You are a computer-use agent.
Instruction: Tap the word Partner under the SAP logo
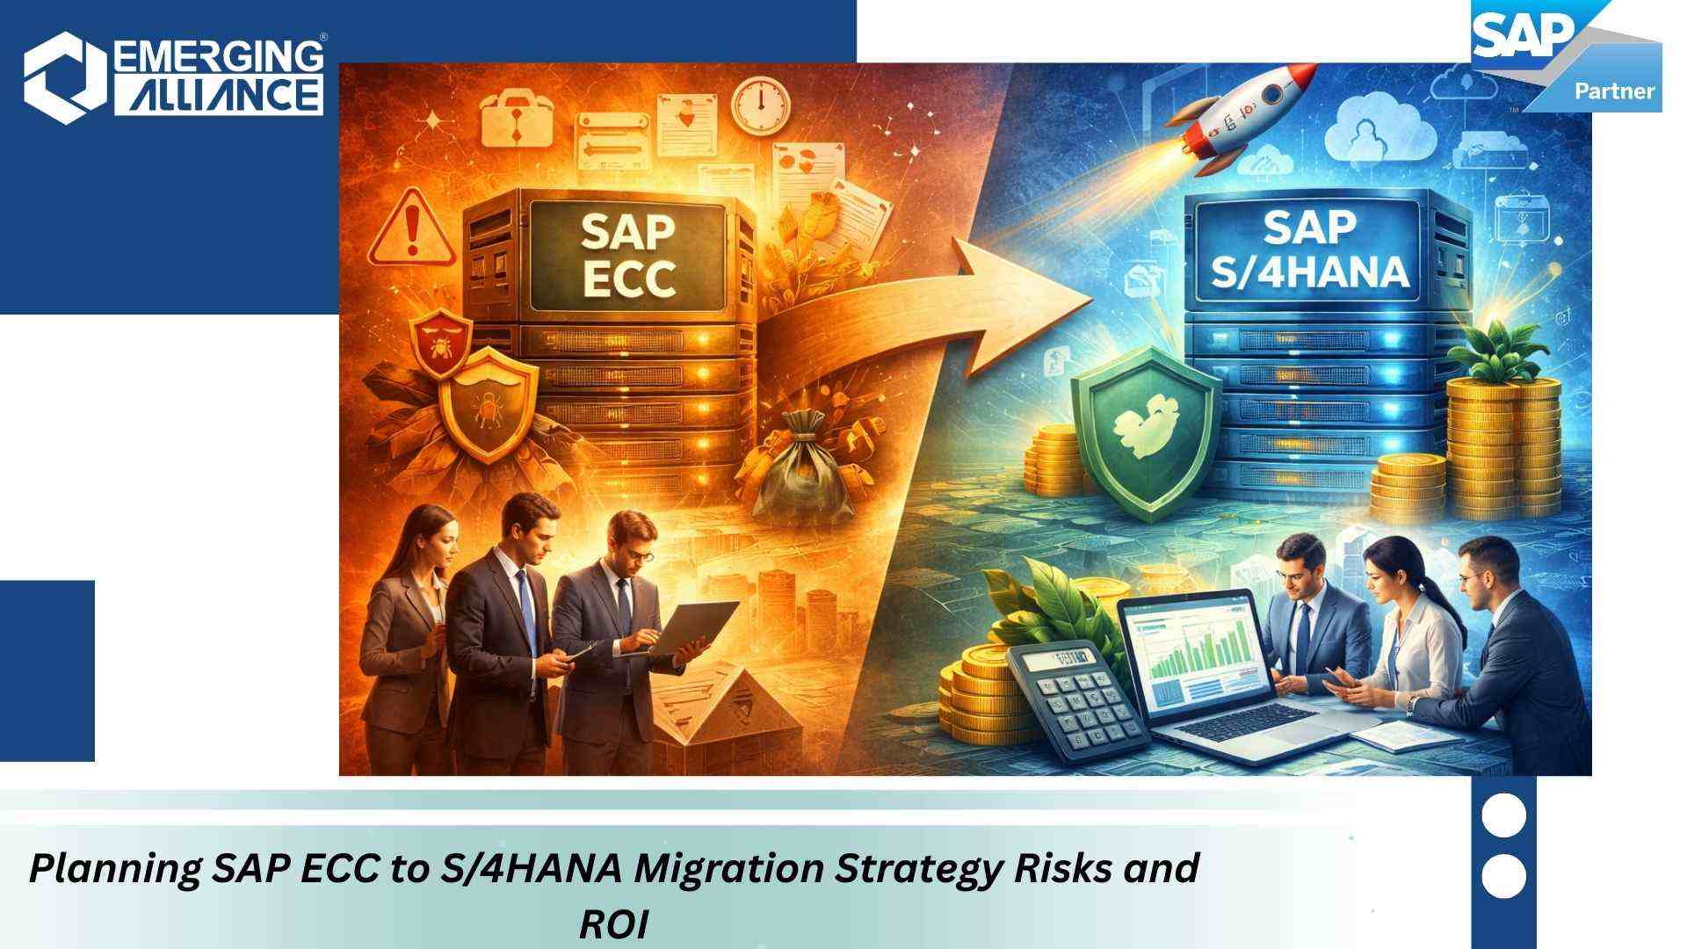coord(1614,91)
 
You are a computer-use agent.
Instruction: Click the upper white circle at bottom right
coord(1503,815)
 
